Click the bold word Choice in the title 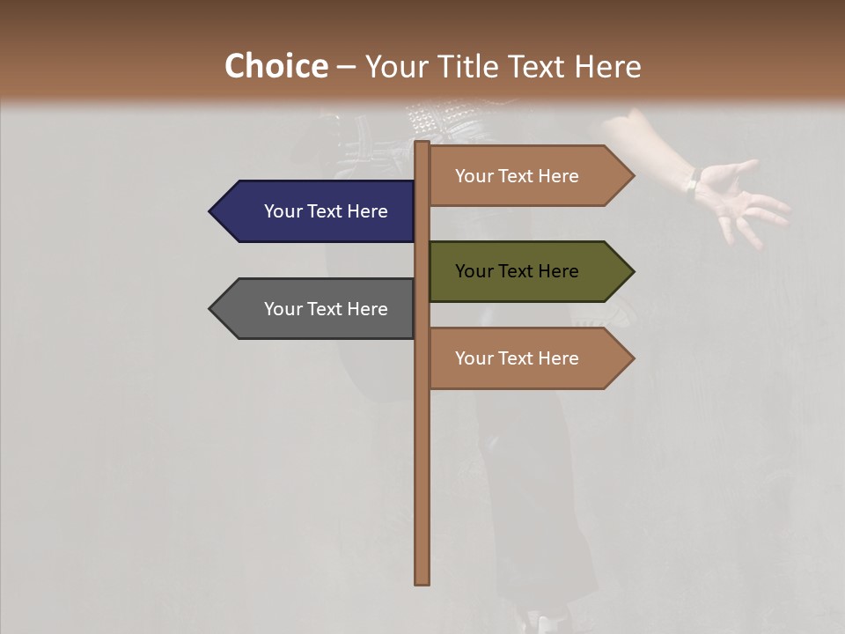click(x=276, y=66)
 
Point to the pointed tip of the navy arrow click(x=211, y=211)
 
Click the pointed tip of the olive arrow click(x=632, y=271)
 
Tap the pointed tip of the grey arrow click(x=211, y=309)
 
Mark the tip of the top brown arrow click(x=632, y=176)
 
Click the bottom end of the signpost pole click(x=422, y=580)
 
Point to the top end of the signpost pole click(x=422, y=144)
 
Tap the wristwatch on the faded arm click(x=692, y=184)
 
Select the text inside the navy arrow click(x=326, y=212)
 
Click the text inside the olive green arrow click(x=517, y=272)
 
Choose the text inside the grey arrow click(x=326, y=310)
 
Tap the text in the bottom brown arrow click(x=517, y=359)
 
